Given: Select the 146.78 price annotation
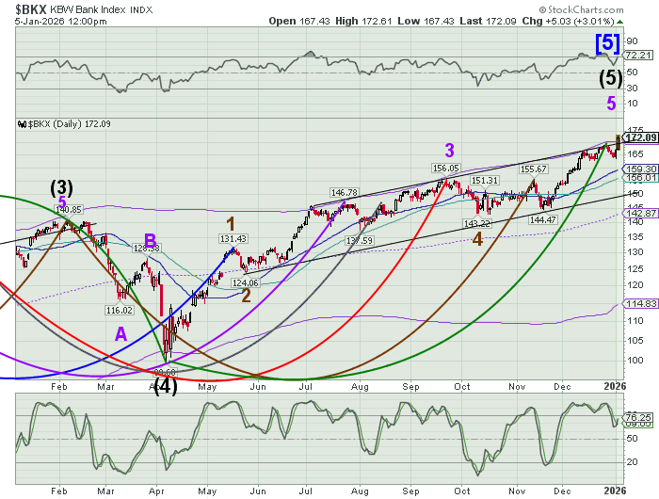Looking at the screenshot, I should pos(345,192).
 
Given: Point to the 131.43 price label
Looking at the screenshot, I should pos(233,239).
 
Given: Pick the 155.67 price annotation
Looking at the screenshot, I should pos(535,169).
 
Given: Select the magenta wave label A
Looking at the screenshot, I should pos(121,332).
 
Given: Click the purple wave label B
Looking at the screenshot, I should pos(149,240).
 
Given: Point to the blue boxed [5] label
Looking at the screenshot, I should pos(606,41).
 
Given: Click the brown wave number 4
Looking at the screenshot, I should pos(477,240).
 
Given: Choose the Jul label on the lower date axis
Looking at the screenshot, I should pos(306,491).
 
